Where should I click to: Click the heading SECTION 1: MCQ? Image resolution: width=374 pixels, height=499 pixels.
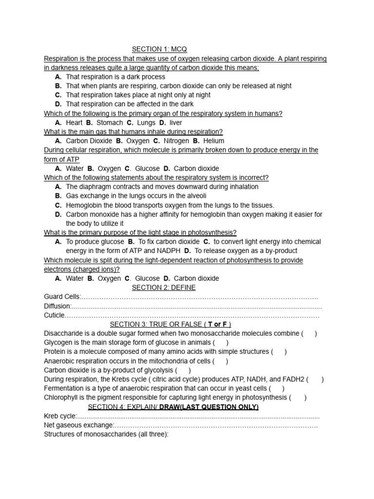[159, 49]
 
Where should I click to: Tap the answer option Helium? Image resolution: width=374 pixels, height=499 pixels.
[214, 141]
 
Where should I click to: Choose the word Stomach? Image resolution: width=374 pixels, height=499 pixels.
[110, 123]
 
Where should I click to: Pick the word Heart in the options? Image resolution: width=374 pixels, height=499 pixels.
[75, 123]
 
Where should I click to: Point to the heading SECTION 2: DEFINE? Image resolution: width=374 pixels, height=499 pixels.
[163, 288]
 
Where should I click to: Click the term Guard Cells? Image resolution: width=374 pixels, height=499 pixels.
[62, 297]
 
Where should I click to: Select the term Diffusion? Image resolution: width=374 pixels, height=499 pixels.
[57, 306]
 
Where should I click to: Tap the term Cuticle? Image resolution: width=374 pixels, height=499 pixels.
[54, 315]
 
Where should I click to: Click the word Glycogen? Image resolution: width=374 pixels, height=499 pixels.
[58, 343]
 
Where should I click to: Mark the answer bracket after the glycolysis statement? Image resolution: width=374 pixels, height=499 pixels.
[183, 370]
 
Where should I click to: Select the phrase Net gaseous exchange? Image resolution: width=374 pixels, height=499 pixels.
[78, 425]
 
